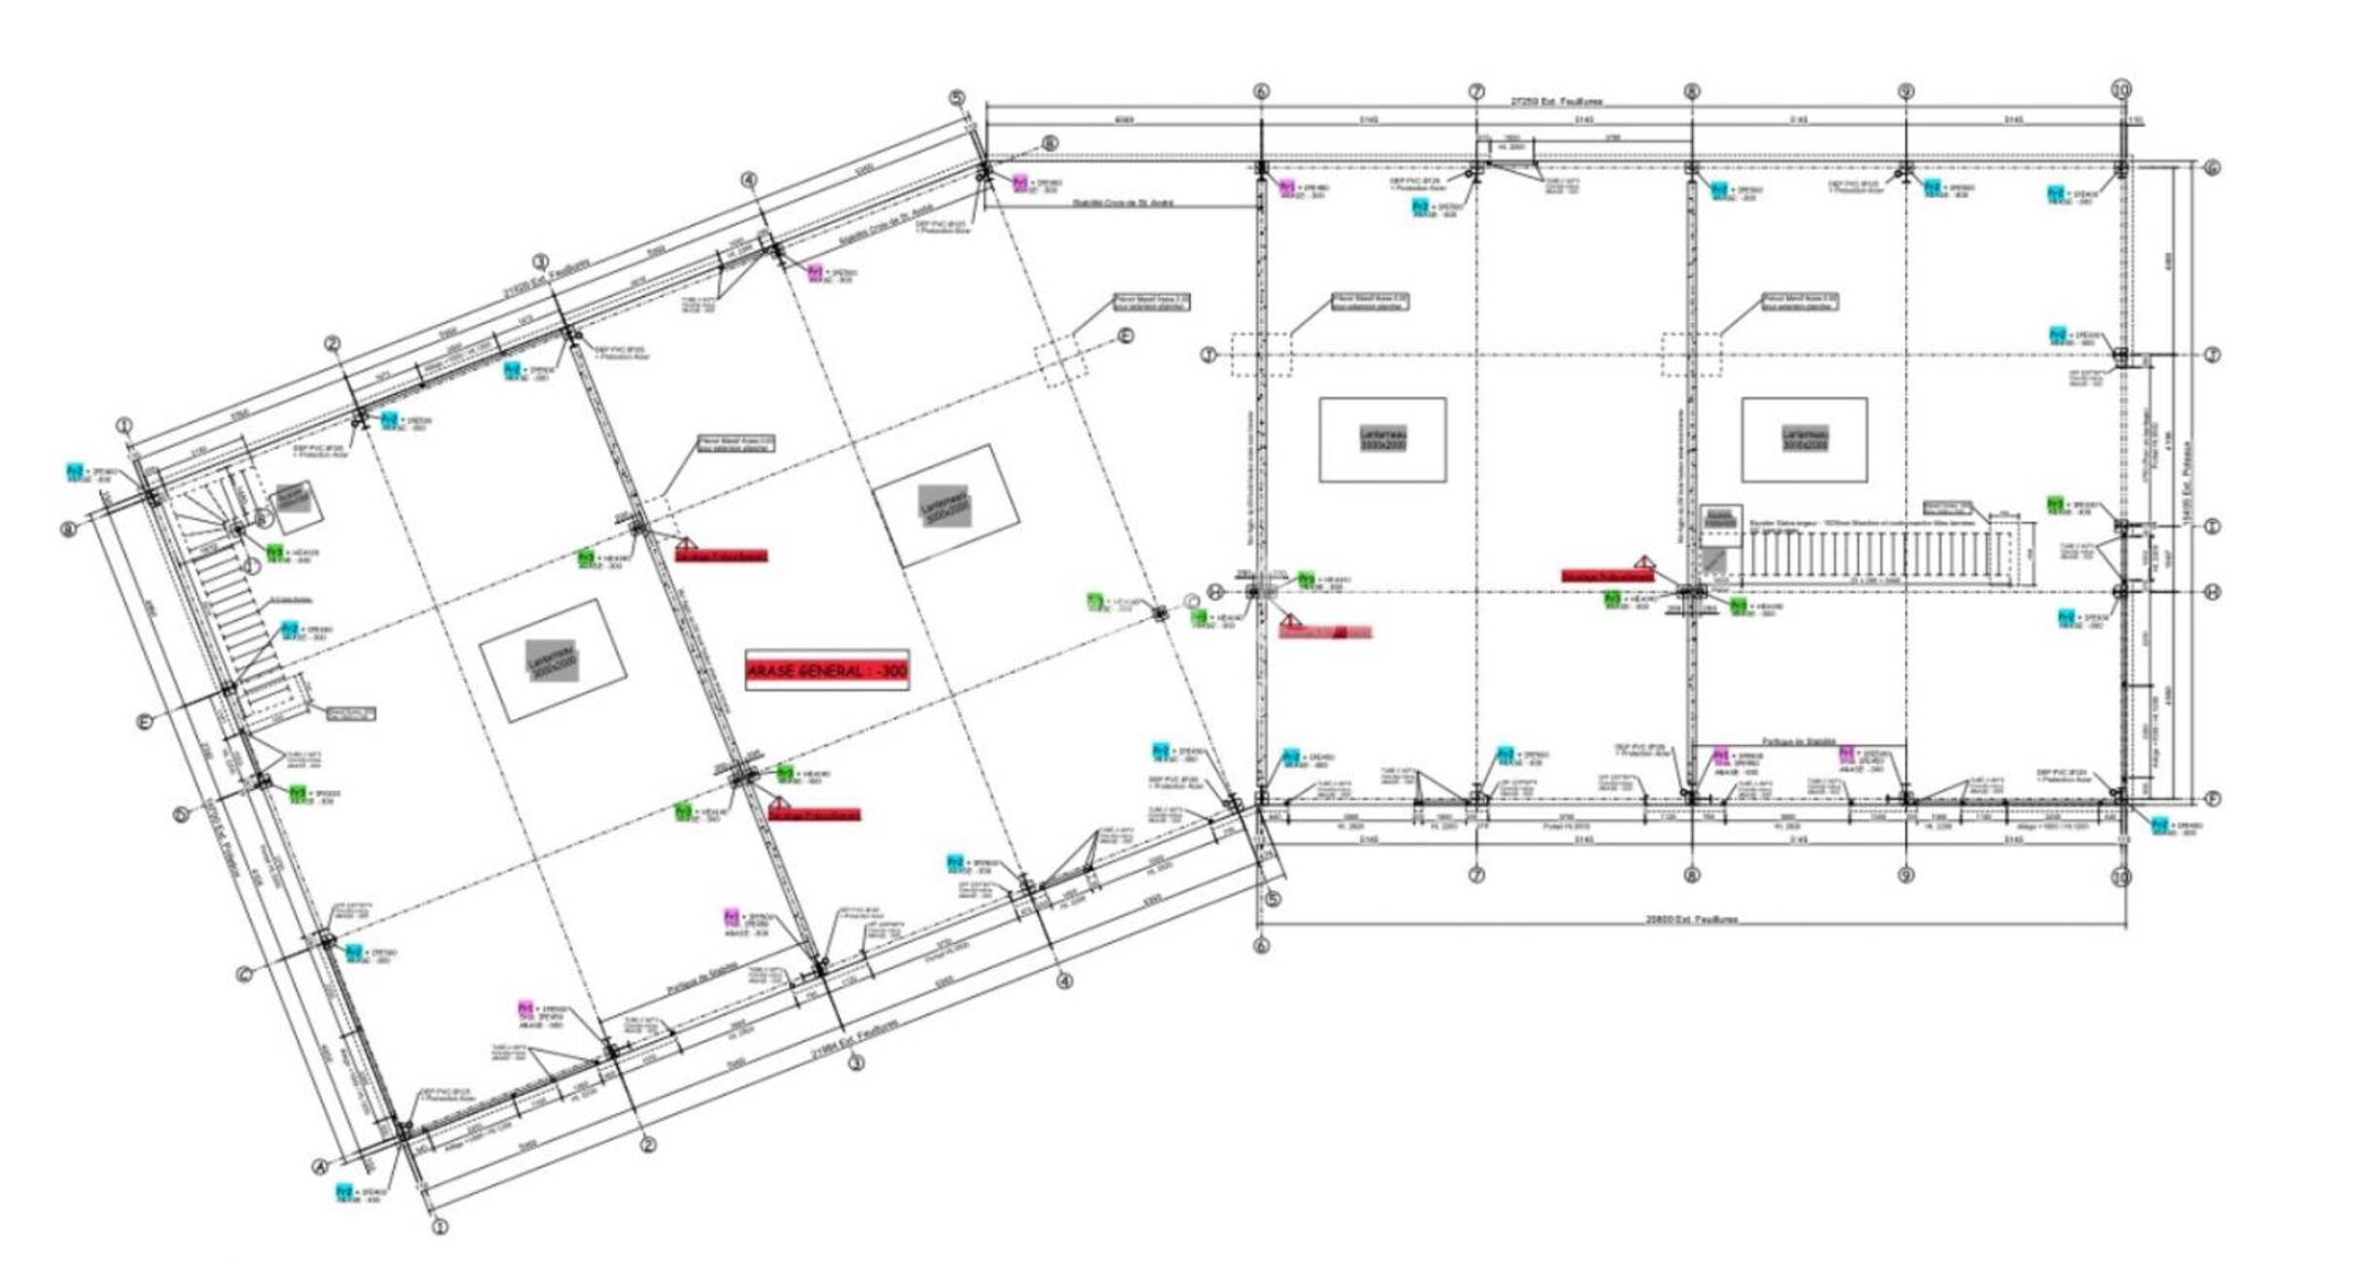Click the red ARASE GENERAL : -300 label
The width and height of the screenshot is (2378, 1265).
[827, 670]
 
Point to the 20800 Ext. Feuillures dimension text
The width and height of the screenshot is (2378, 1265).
[1691, 919]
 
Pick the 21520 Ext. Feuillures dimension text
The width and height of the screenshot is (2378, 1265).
[546, 278]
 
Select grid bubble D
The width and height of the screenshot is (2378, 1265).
[182, 814]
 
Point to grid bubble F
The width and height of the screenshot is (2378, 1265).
[2212, 799]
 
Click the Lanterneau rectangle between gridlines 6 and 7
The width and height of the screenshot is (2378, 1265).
[1382, 439]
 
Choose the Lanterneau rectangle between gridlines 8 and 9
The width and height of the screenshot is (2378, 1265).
[1804, 439]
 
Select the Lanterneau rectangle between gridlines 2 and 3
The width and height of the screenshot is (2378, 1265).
[553, 661]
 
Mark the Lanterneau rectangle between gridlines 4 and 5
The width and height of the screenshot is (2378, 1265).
[947, 504]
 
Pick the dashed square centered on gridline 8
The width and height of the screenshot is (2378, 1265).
[1691, 355]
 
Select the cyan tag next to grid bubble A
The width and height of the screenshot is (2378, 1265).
[343, 1190]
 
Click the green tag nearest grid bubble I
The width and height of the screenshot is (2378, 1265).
[2055, 503]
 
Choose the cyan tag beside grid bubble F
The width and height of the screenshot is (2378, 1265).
[2160, 825]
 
